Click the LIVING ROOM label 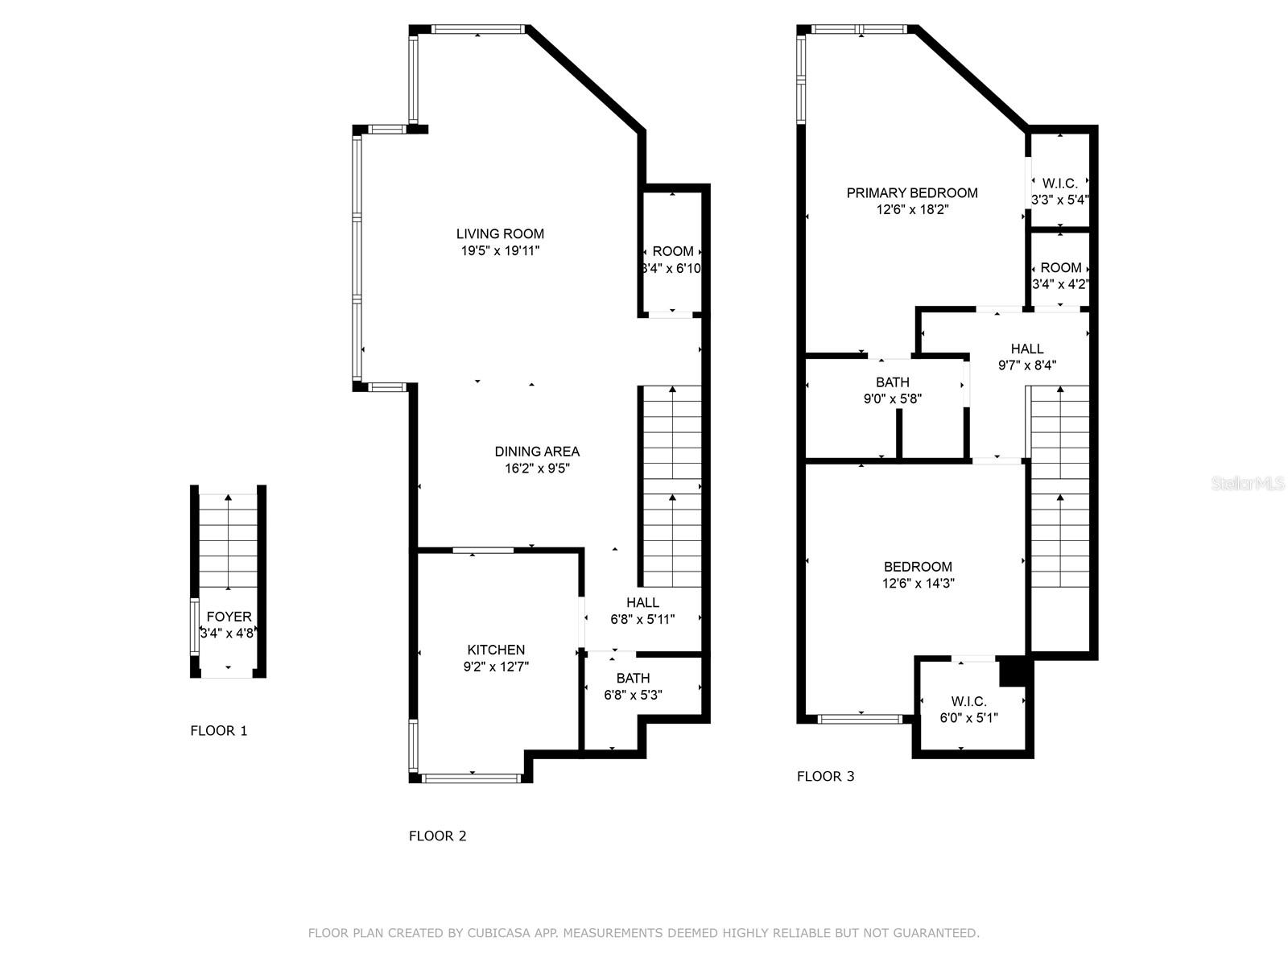[500, 234]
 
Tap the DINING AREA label [537, 452]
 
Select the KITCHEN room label [496, 650]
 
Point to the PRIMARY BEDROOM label [912, 193]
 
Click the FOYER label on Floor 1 [229, 617]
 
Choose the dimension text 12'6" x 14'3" [919, 583]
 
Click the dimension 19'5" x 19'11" [500, 251]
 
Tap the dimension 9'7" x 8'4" [1027, 365]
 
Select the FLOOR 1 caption [219, 731]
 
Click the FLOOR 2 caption [438, 836]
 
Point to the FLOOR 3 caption [826, 777]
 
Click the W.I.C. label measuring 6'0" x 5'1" [968, 701]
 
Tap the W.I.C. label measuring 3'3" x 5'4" [1059, 184]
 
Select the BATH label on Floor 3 [893, 382]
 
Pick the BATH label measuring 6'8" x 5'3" [634, 678]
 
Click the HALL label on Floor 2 [642, 602]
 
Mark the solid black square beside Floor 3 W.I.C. [1013, 671]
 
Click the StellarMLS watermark [1248, 483]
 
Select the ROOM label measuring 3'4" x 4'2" [1061, 268]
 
